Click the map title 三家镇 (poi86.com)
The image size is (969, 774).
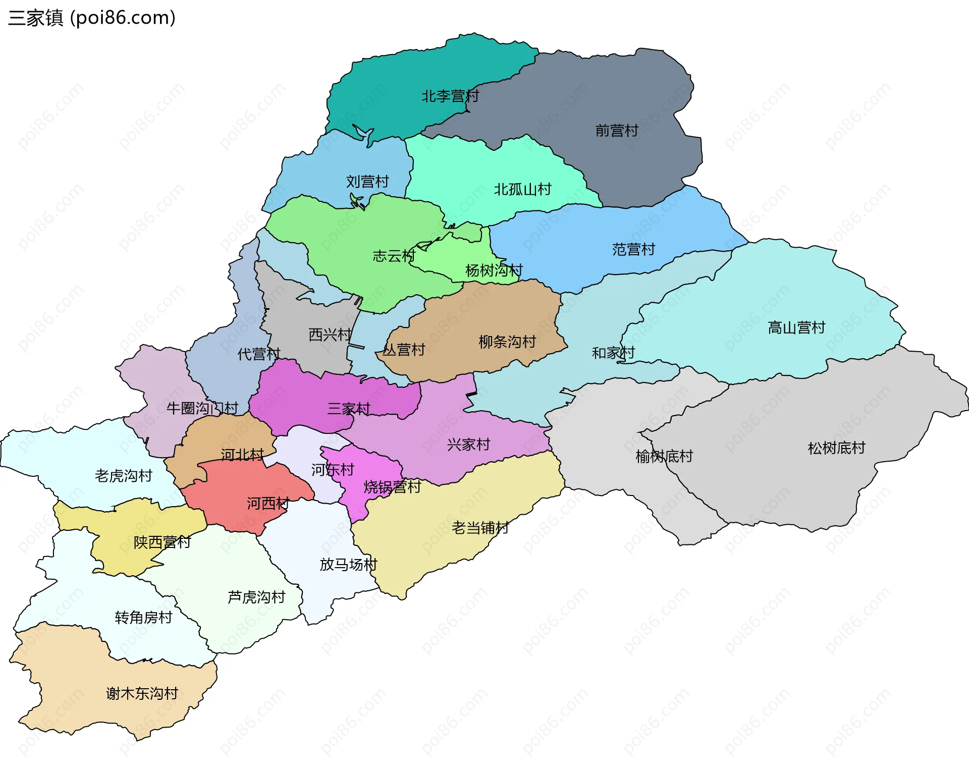(92, 18)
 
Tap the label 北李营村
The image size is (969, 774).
(450, 96)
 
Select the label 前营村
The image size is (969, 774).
(617, 131)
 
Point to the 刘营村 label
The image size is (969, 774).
(367, 181)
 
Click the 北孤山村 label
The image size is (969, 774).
(522, 189)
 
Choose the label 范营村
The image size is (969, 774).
(633, 249)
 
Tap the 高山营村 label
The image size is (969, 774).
(796, 327)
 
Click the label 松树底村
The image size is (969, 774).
(836, 448)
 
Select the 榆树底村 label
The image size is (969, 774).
(664, 456)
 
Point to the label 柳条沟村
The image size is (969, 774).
(507, 342)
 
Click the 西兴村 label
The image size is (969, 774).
(330, 334)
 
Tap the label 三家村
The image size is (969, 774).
(349, 408)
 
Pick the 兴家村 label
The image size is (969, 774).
(468, 445)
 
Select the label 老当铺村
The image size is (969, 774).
(480, 528)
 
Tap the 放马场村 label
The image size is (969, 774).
(348, 564)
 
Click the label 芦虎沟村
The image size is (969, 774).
(256, 597)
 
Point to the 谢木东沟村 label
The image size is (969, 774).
(142, 693)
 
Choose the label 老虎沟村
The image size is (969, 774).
(123, 475)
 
